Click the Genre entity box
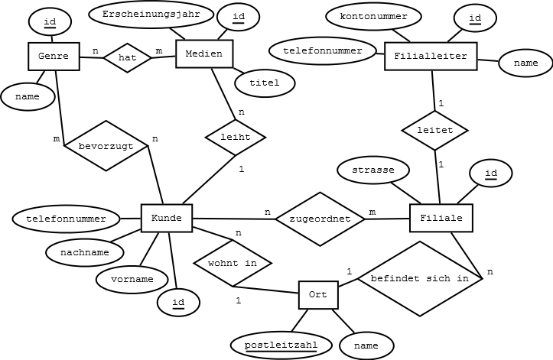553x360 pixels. (x=54, y=57)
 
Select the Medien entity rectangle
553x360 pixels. (x=204, y=54)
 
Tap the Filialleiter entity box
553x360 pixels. (x=431, y=57)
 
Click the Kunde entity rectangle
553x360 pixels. (x=167, y=218)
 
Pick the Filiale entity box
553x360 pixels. (x=441, y=218)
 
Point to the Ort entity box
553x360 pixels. (x=318, y=295)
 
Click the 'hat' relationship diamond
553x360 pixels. (x=127, y=58)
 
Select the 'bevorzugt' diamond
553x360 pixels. (x=106, y=146)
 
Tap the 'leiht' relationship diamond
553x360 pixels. (x=236, y=137)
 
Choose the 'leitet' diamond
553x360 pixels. (x=435, y=131)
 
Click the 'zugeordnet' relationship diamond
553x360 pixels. (x=320, y=219)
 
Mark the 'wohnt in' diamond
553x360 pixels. (x=233, y=264)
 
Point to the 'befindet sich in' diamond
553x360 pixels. (x=420, y=278)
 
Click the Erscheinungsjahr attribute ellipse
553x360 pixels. (x=151, y=15)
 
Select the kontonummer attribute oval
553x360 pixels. (x=373, y=16)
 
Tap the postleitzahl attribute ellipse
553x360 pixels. (x=281, y=345)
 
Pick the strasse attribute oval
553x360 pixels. (x=373, y=170)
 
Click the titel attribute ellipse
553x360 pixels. (x=265, y=83)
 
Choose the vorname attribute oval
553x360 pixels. (x=132, y=280)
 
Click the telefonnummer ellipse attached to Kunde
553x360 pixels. (x=66, y=219)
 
